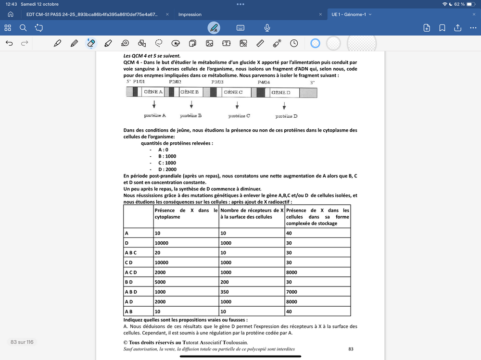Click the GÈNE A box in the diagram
153,92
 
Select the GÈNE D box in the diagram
281,92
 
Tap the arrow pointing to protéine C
237,105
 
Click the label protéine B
191,116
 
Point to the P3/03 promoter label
217,82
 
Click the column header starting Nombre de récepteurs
252,213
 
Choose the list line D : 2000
167,169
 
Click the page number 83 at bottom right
351,349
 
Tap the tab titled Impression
190,14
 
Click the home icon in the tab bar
11,14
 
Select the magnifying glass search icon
23,28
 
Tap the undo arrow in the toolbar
9,43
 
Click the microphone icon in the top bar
267,28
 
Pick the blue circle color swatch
315,43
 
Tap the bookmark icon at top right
442,28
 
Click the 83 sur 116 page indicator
22,342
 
